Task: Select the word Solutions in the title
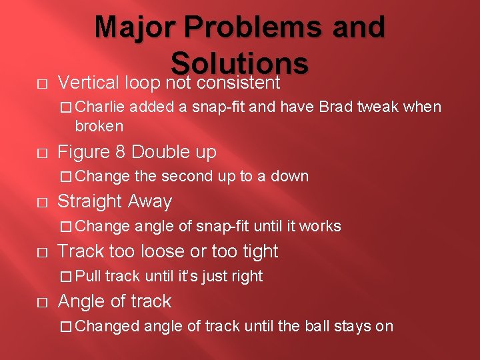coord(239,63)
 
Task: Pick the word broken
coord(99,126)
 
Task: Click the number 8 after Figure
coord(121,152)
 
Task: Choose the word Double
coord(159,152)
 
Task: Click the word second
coord(186,177)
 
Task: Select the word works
coord(320,227)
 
